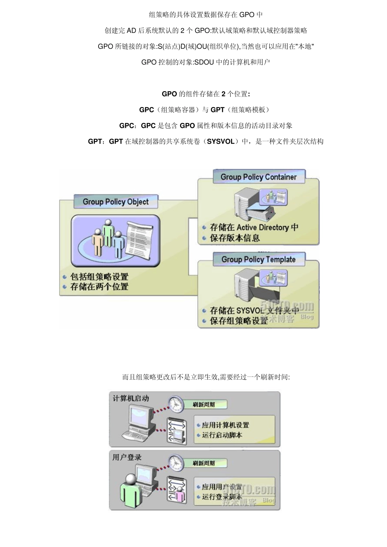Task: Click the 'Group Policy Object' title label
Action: tap(116, 202)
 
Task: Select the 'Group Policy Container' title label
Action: tap(259, 177)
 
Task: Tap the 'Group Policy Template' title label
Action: tap(259, 260)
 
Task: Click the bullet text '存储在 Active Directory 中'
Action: tap(254, 228)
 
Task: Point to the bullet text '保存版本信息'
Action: tap(235, 238)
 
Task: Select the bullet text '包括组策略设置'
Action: tap(99, 277)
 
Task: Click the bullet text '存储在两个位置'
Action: tap(99, 287)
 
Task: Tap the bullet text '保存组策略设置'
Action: tap(239, 321)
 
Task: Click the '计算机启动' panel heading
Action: tap(131, 398)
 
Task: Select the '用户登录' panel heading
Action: tap(127, 457)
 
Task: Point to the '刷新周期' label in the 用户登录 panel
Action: tap(204, 463)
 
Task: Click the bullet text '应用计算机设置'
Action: tap(225, 425)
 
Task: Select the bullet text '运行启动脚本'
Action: tap(222, 435)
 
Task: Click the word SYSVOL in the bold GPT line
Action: tap(221, 142)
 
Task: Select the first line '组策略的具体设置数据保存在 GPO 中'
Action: tap(206, 15)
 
